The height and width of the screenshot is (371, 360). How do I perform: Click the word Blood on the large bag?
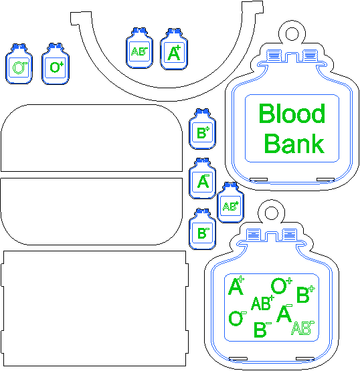292,114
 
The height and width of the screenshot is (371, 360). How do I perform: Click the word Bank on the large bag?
294,144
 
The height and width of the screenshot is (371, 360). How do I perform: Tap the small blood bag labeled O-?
19,64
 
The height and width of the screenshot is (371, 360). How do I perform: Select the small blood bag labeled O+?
56,64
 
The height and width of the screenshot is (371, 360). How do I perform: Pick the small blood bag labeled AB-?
139,48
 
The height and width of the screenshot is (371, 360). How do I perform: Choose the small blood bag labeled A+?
174,49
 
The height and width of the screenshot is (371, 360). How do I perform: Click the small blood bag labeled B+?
203,129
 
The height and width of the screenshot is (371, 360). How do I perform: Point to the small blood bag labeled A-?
203,178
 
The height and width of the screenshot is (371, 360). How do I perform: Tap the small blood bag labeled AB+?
231,203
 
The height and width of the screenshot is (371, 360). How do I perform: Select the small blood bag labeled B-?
203,229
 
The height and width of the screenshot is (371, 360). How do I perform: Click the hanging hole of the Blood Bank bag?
292,34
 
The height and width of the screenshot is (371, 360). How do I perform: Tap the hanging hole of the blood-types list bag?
272,213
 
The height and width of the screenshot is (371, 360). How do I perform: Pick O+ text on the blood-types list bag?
282,286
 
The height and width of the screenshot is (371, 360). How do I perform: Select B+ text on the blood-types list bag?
306,294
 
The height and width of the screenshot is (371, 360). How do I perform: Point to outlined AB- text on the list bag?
303,328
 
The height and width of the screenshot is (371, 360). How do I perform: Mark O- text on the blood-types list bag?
238,318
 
